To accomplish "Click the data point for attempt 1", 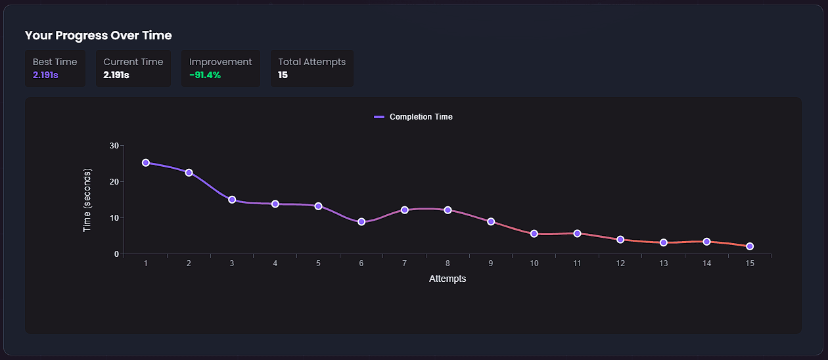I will point(146,163).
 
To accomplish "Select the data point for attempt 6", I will point(361,222).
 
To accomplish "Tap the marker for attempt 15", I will point(750,246).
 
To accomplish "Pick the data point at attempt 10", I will point(534,234).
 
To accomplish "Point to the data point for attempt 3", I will point(232,200).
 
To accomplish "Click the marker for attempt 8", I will point(448,210).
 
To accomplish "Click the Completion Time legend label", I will point(421,117).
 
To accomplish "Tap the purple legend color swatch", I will point(379,117).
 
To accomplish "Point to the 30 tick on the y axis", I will point(114,146).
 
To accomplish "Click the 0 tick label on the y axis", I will point(116,254).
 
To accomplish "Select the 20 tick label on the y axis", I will point(114,182).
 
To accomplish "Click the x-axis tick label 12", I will point(620,263).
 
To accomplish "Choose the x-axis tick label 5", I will point(318,263).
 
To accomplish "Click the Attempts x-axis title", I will point(448,279).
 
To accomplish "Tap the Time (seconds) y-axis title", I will point(87,200).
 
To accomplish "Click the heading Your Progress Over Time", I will point(99,35).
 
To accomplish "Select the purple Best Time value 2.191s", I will point(45,75).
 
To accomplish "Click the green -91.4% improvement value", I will point(205,75).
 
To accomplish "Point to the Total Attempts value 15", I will point(283,75).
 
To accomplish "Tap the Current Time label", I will point(133,62).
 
